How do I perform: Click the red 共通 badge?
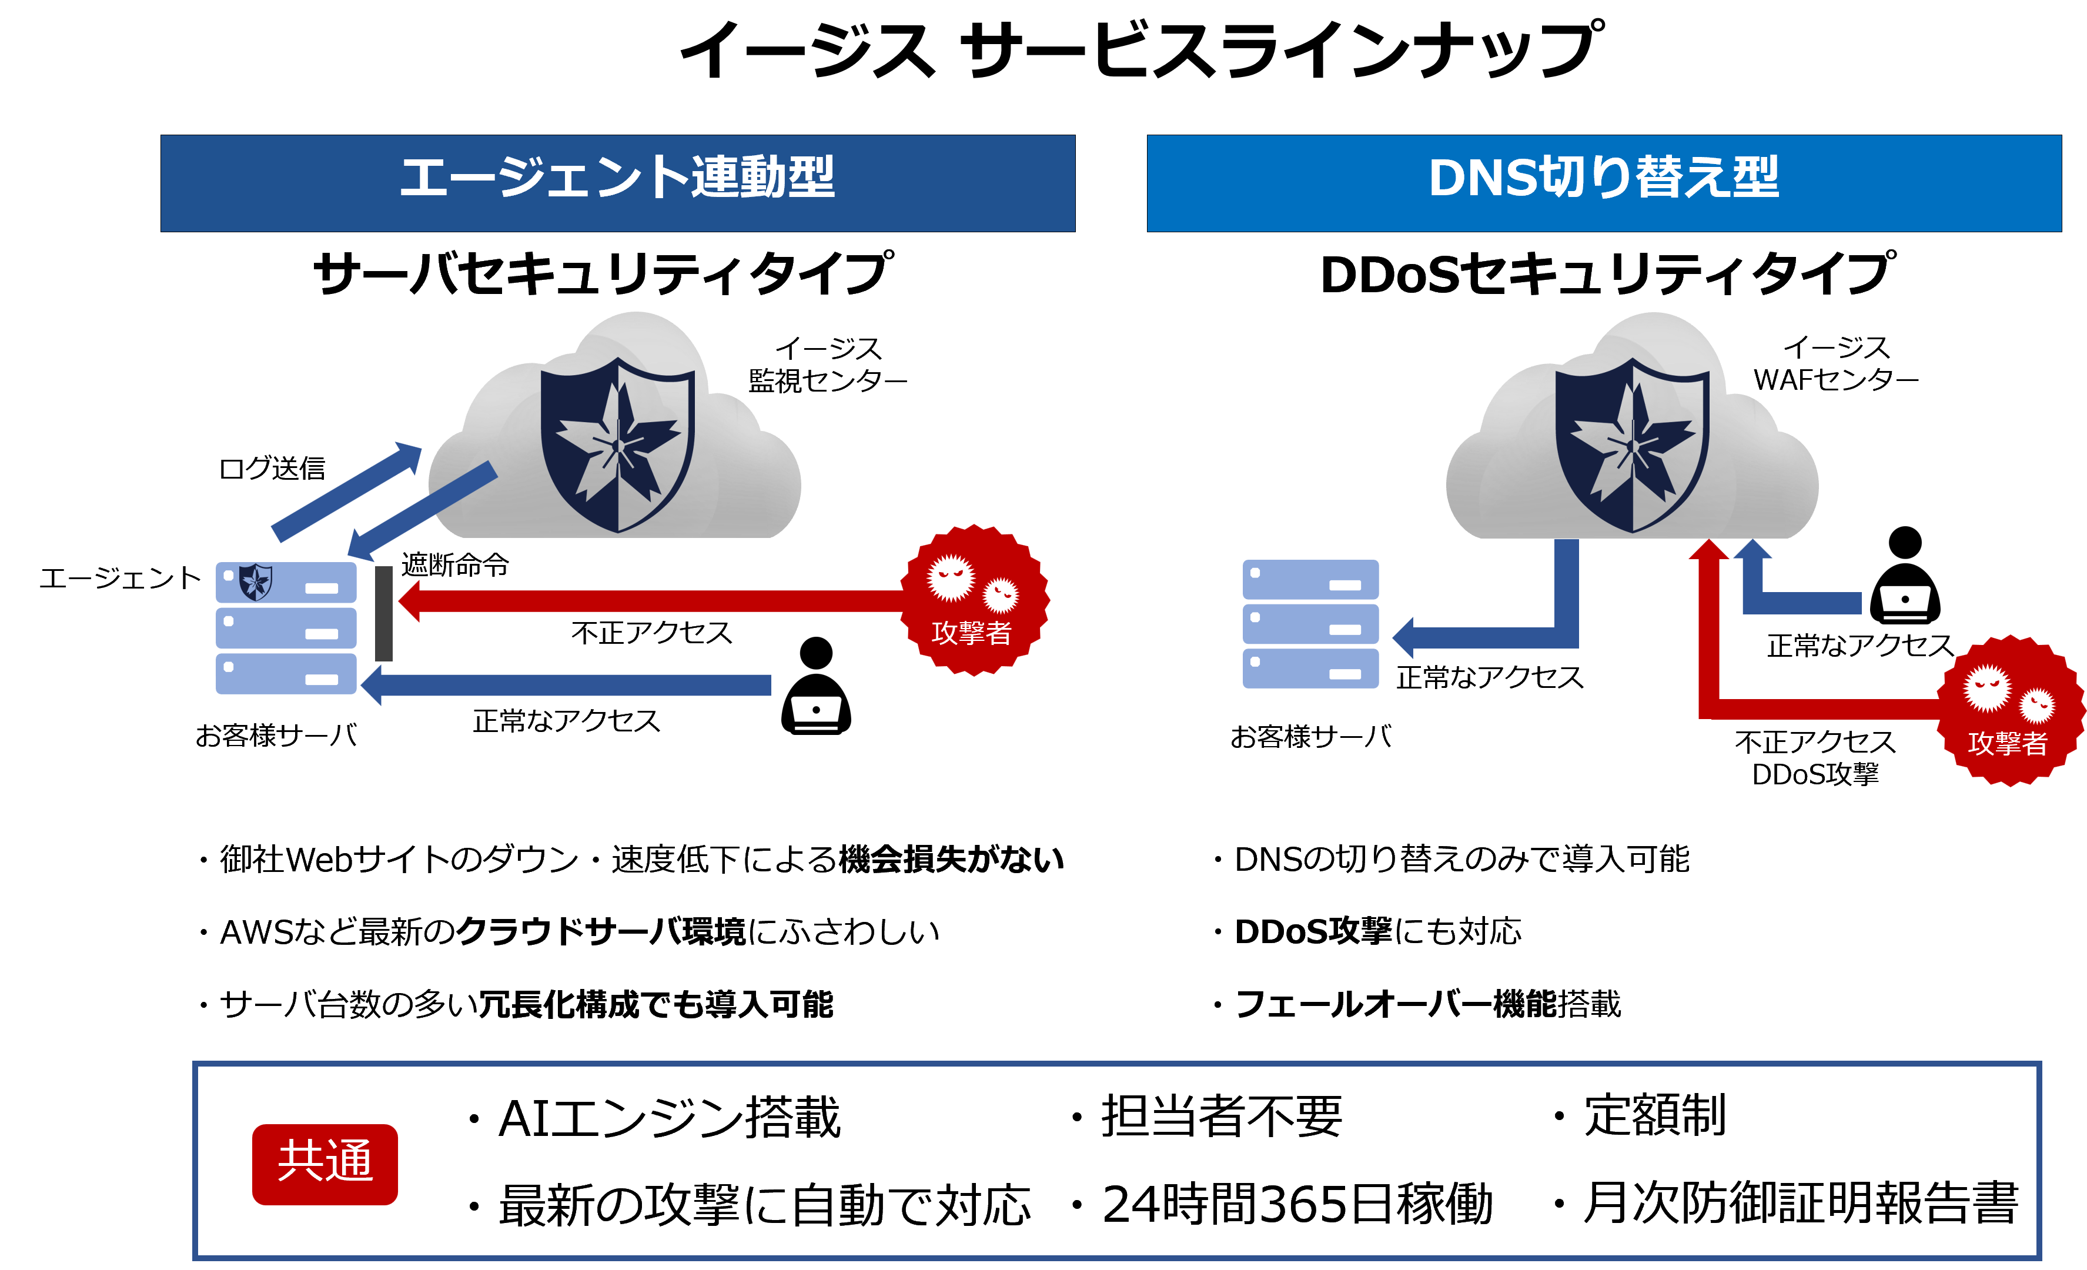[x=325, y=1163]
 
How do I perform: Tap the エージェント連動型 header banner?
[x=617, y=183]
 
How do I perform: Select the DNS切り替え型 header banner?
[x=1603, y=183]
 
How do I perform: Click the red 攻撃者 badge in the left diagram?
[x=974, y=600]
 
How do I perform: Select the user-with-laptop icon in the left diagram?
[x=815, y=687]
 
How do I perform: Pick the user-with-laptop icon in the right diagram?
[x=1905, y=577]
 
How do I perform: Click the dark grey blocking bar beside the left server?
[x=384, y=613]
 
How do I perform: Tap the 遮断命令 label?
[x=455, y=564]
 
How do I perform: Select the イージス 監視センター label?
[x=828, y=365]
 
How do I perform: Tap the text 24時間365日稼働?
[x=1296, y=1204]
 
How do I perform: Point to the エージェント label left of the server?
[x=121, y=578]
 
